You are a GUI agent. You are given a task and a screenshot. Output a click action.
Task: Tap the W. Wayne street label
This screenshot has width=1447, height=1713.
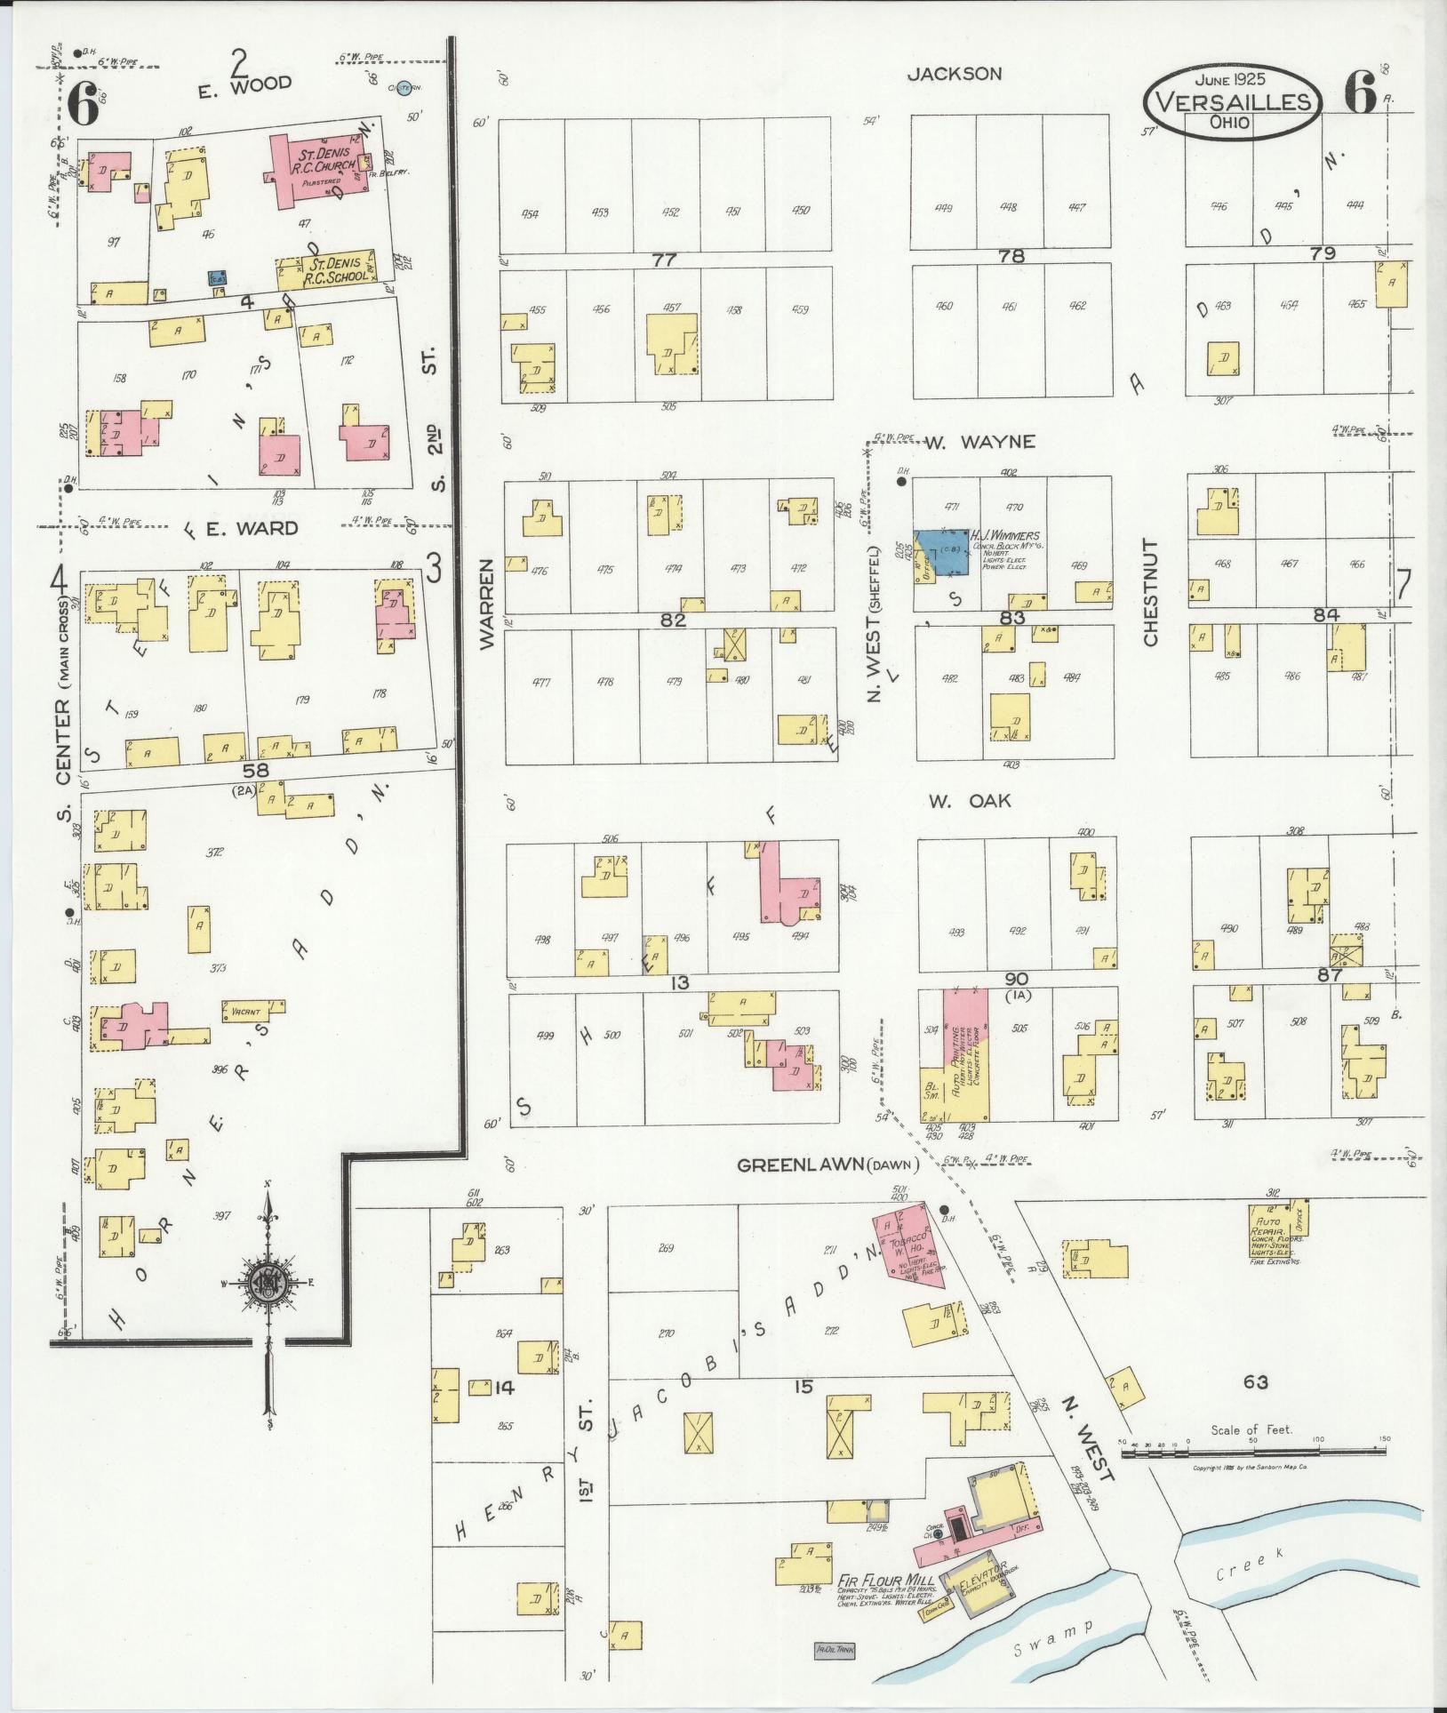point(980,442)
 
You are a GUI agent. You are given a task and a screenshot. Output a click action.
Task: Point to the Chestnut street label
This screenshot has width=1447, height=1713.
point(1150,593)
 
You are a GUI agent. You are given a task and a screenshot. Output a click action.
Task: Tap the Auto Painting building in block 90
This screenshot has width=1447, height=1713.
point(965,1053)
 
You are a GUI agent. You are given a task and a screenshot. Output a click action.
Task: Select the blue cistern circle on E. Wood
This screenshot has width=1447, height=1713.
point(404,87)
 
